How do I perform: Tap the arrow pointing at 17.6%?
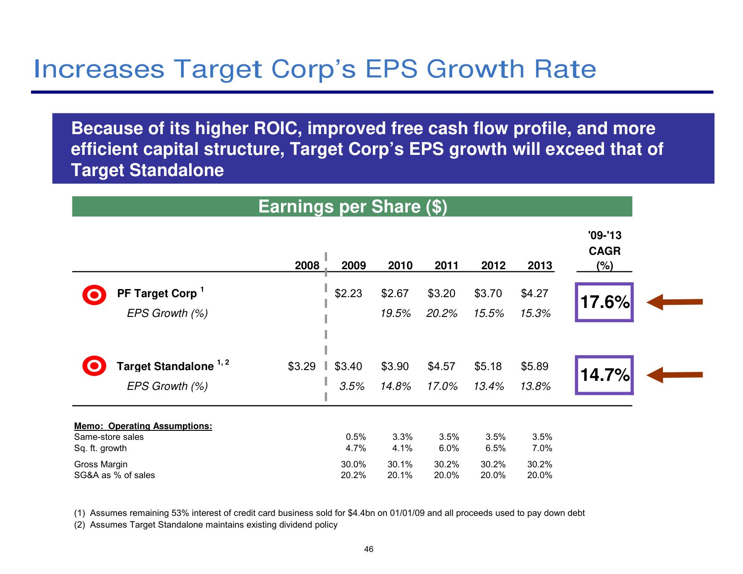674,302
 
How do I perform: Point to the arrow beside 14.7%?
674,375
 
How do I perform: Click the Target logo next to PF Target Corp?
94,295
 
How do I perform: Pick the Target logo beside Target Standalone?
94,366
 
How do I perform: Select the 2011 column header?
446,265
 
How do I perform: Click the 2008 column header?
307,265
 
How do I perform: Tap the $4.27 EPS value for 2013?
534,294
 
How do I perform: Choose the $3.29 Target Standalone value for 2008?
302,366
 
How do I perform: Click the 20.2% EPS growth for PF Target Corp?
441,313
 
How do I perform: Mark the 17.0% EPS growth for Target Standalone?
442,386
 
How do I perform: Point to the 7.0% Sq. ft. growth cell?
542,448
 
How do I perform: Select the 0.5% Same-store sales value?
356,437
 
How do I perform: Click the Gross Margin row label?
100,464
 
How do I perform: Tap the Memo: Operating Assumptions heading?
143,426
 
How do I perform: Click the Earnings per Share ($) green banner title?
353,207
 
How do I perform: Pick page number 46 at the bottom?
369,549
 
